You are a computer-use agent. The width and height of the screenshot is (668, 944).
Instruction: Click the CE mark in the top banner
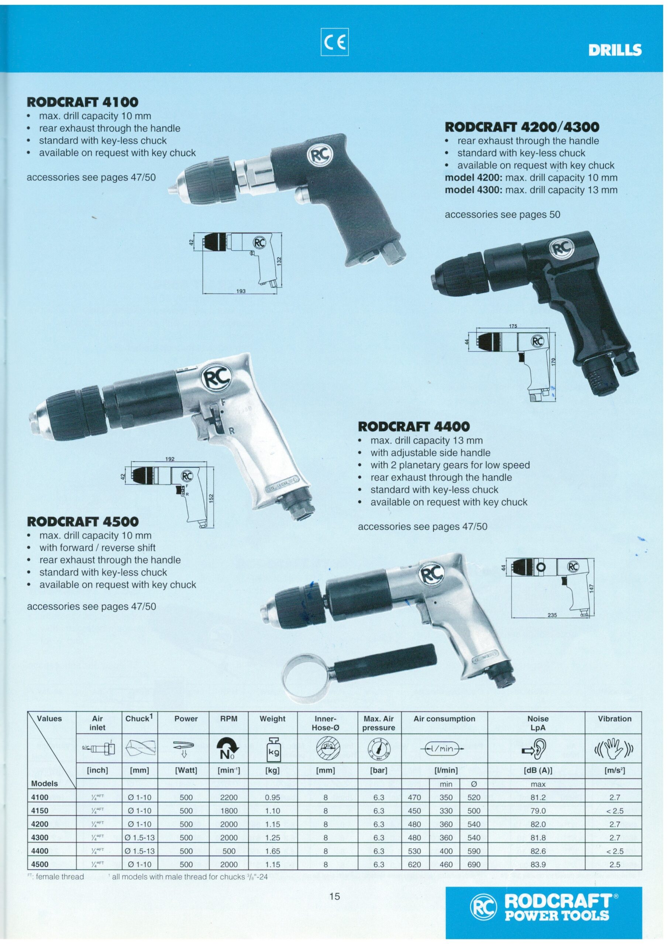point(334,42)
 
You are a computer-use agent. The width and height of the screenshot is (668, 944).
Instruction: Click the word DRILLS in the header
point(615,50)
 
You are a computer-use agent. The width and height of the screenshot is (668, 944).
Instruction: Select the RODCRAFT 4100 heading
point(82,102)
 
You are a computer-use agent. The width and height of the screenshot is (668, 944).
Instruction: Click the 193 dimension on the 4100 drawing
point(241,291)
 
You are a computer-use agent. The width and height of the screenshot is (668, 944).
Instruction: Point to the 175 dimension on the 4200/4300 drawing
point(513,326)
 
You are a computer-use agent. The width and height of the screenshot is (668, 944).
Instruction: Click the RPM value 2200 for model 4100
point(229,797)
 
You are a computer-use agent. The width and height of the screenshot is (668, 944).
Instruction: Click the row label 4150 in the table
point(40,812)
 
